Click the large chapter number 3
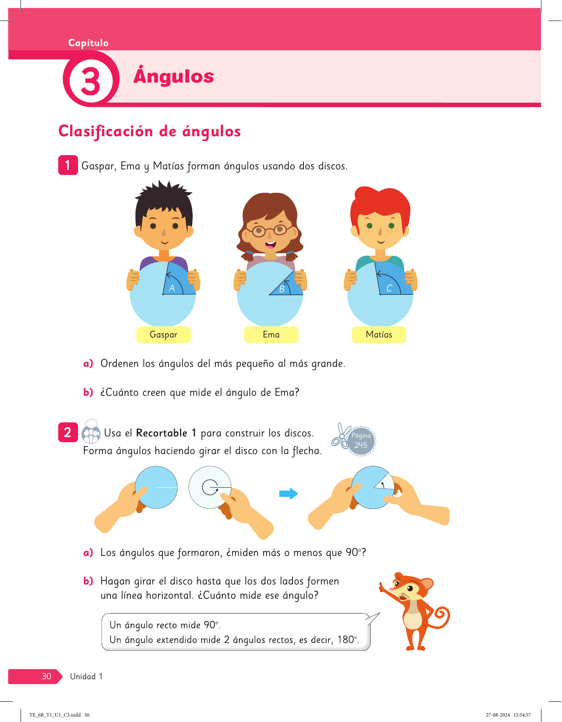pos(91,81)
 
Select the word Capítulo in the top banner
pos(89,43)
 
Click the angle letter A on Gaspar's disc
pos(172,288)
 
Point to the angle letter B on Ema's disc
pos(282,289)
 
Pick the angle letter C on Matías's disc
pos(389,288)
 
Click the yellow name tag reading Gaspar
pos(164,335)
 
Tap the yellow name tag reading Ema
pos(271,335)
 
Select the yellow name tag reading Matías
pos(379,335)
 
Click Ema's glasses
pos(270,230)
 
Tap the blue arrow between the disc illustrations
pos(289,493)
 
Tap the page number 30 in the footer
pos(47,676)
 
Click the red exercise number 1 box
pos(68,165)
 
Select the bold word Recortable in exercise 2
pos(162,433)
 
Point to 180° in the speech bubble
pos(348,640)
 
